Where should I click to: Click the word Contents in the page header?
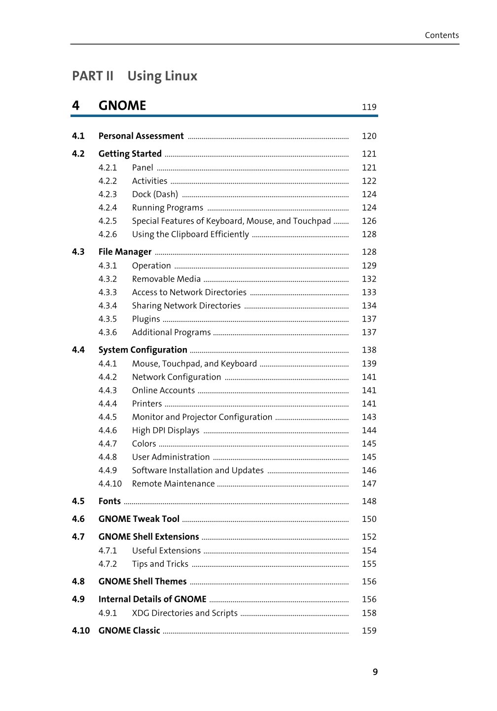[x=442, y=35]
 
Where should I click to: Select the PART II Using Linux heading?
[x=135, y=76]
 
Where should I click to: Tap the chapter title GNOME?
[x=122, y=106]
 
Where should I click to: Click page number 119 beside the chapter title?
[x=369, y=107]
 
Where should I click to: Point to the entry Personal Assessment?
[x=141, y=136]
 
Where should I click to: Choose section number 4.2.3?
[x=107, y=194]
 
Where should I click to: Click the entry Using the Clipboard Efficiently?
[x=190, y=234]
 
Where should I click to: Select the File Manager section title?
[x=125, y=252]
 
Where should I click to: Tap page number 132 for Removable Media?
[x=369, y=279]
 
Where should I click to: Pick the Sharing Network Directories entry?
[x=186, y=306]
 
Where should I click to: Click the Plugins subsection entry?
[x=146, y=319]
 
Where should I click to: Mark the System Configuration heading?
[x=142, y=350]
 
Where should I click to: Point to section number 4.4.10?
[x=110, y=483]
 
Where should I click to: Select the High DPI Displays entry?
[x=166, y=430]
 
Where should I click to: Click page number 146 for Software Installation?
[x=369, y=470]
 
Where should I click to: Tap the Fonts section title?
[x=109, y=501]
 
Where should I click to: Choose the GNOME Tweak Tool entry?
[x=139, y=519]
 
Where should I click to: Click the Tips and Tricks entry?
[x=160, y=564]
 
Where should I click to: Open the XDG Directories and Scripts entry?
[x=185, y=613]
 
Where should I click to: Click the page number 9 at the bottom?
[x=375, y=672]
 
